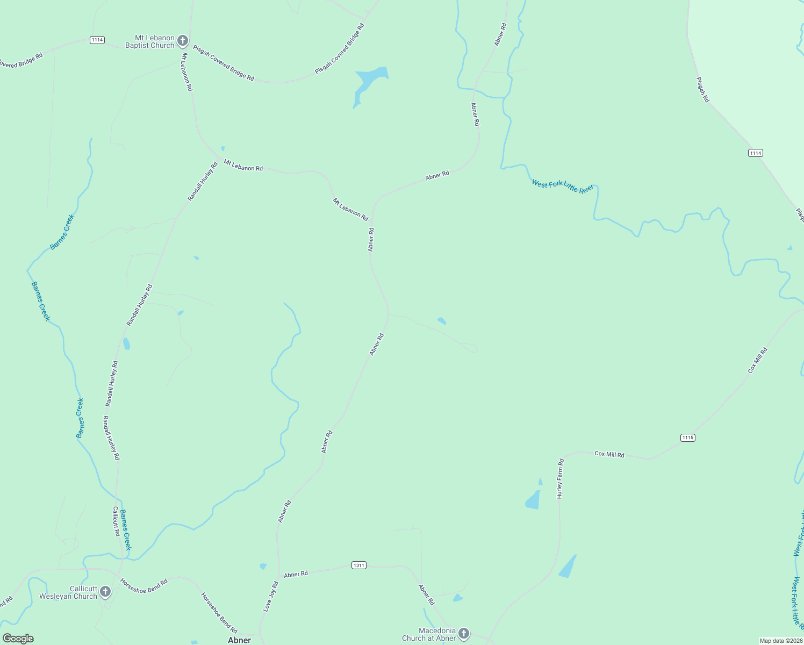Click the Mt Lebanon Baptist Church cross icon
183,41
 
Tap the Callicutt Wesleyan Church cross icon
105,592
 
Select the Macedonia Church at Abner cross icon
464,634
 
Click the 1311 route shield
359,565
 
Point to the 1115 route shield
688,438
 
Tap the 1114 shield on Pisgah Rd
756,153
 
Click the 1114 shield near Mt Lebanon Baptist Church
97,40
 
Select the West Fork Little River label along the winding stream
562,187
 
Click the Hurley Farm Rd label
560,479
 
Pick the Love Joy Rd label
270,596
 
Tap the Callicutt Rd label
116,521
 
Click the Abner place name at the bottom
239,640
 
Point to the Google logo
18,639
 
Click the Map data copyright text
780,641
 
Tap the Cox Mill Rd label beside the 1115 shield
609,454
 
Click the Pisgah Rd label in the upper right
702,90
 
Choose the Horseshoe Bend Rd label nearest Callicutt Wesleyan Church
143,586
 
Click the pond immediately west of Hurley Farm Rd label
533,500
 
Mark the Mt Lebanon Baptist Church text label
150,41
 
